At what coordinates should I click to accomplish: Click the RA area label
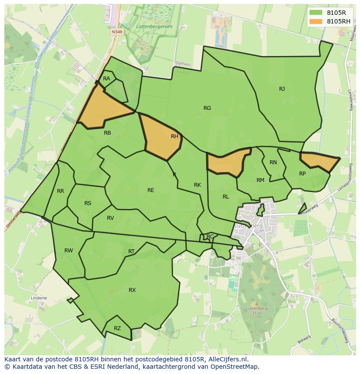click(x=107, y=79)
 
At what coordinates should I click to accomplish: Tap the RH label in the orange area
click(x=174, y=136)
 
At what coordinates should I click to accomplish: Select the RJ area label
click(x=282, y=89)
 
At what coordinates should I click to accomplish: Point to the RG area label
click(x=207, y=108)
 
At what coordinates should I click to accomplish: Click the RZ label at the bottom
click(x=117, y=328)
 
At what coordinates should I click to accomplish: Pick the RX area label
click(x=132, y=290)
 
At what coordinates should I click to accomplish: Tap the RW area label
click(x=69, y=250)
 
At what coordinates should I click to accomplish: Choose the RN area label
click(x=273, y=162)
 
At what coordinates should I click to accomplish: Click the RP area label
click(x=303, y=173)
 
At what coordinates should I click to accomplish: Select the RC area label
click(x=210, y=236)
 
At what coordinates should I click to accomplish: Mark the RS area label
click(x=88, y=203)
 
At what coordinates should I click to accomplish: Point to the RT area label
click(x=131, y=251)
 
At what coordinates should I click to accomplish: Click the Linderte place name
click(x=39, y=298)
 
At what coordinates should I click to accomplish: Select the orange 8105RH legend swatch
click(x=316, y=21)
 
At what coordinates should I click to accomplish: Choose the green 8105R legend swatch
click(x=316, y=13)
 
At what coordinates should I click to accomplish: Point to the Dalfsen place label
click(x=183, y=63)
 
